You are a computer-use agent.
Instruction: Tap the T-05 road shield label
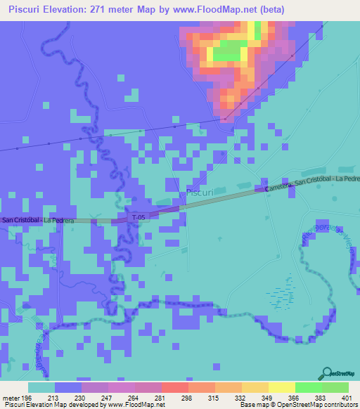tap(139, 219)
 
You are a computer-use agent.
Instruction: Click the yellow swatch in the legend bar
tap(281, 387)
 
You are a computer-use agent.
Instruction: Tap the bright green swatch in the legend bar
tap(308, 387)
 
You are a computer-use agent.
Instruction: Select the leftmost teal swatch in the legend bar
tap(41, 387)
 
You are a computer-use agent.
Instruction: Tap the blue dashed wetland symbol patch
tap(282, 292)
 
